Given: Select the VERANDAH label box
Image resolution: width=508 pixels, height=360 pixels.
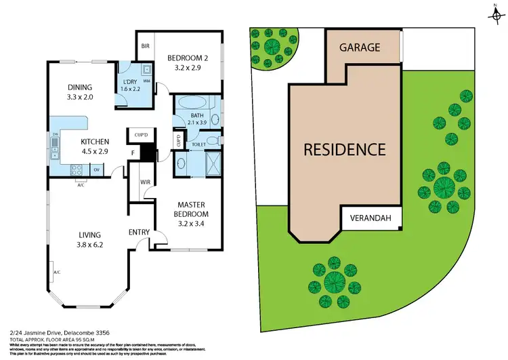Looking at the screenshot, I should tap(375, 218).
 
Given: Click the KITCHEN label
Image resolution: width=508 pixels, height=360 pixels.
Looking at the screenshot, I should tap(95, 142).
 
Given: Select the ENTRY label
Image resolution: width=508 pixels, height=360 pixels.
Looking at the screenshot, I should tap(139, 233).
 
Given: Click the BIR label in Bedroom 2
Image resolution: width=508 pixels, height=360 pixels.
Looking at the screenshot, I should tap(145, 46).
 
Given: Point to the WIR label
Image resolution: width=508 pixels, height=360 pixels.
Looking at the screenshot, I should tap(144, 182).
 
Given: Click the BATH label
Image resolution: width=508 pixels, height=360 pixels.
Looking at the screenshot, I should tap(178, 115).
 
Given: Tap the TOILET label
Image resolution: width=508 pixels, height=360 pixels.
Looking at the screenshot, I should tap(198, 144).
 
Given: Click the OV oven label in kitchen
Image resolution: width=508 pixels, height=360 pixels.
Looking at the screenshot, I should tap(97, 169).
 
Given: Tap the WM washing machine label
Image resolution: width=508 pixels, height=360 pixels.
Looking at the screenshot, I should tap(146, 81).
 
